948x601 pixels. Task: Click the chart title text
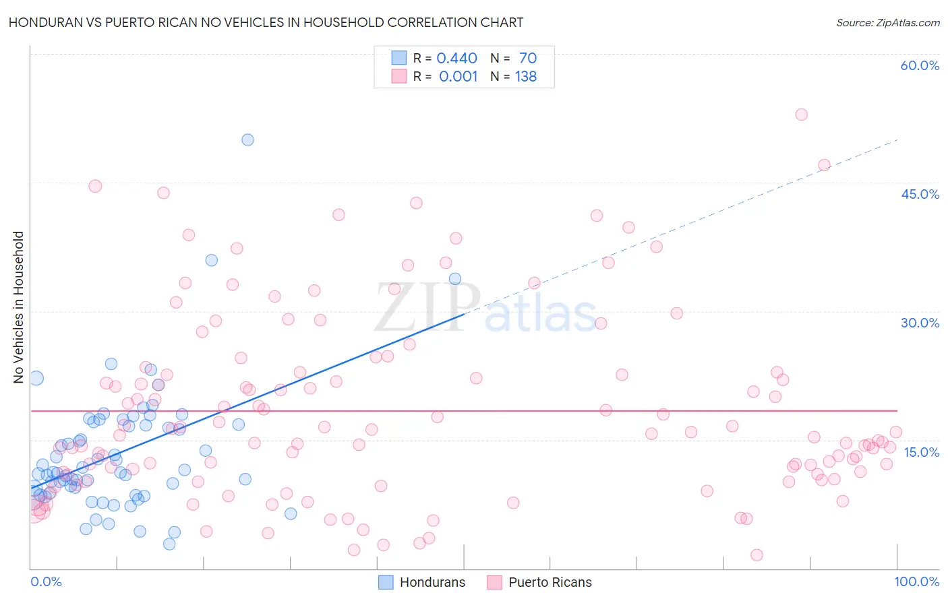(x=266, y=22)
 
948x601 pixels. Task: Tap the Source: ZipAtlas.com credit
(x=887, y=22)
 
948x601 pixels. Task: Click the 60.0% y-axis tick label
(x=920, y=65)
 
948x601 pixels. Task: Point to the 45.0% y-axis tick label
(x=920, y=194)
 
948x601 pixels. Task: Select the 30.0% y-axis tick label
(x=920, y=323)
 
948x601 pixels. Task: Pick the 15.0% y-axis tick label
(x=921, y=452)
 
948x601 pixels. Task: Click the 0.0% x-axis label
(x=46, y=581)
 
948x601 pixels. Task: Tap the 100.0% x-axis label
(x=916, y=581)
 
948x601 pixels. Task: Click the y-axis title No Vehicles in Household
(x=19, y=307)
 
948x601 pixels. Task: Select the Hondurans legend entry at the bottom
(x=422, y=582)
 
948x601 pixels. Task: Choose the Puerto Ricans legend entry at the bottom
(x=539, y=582)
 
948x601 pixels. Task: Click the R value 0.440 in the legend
(x=457, y=59)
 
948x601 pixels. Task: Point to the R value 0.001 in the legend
(x=458, y=77)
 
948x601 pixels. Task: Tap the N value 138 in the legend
(x=526, y=77)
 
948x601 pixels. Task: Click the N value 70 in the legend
(x=528, y=59)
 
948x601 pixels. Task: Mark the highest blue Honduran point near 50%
(x=247, y=139)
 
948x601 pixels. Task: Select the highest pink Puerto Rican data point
(x=801, y=115)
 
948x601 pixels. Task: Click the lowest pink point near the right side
(x=757, y=555)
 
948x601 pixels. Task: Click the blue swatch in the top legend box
(x=399, y=58)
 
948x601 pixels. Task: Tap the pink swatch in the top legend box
(x=399, y=76)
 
